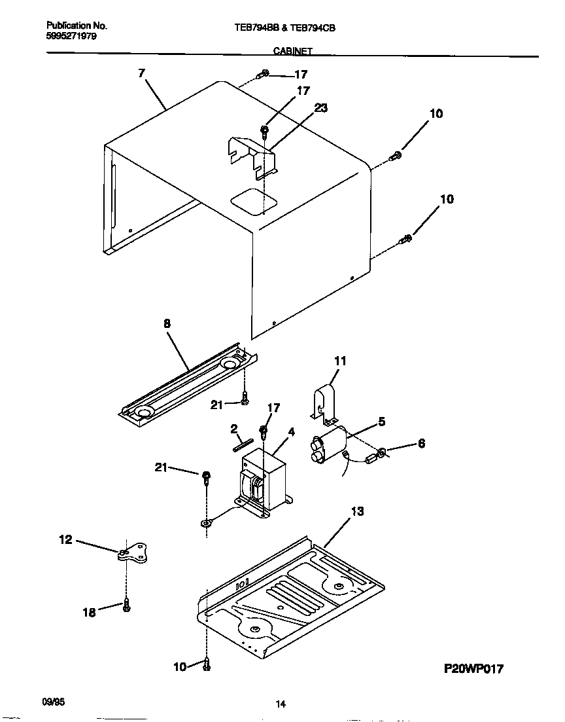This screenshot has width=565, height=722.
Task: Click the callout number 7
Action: point(141,73)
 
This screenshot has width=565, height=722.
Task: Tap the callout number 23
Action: point(320,109)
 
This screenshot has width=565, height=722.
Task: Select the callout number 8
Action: point(167,323)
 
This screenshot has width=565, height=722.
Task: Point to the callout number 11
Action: point(340,361)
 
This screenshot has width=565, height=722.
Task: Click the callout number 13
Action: point(358,511)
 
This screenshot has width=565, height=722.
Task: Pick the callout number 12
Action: point(66,539)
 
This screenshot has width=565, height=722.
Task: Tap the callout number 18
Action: point(89,612)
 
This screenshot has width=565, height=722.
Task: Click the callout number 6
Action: point(421,444)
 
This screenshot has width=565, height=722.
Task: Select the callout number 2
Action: point(233,429)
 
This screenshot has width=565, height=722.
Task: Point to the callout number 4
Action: point(291,432)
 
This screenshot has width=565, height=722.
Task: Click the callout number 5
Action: point(381,422)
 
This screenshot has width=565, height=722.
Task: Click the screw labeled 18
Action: point(126,607)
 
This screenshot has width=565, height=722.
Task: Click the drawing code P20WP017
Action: point(475,668)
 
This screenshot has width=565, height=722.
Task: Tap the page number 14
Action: point(281,704)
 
